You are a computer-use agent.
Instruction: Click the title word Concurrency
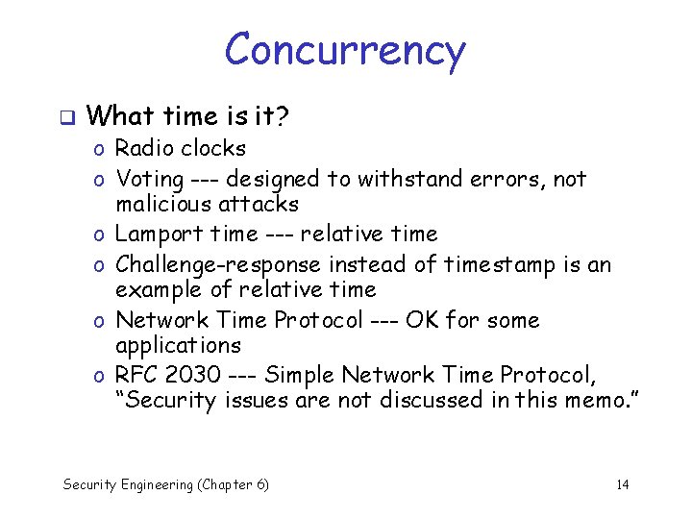point(345,50)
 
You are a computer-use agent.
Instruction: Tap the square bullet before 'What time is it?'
point(65,118)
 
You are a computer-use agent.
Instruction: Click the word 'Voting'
point(149,179)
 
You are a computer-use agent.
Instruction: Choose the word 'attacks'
point(259,204)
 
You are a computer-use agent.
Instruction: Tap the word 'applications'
point(178,345)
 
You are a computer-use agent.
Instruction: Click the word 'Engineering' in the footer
point(158,484)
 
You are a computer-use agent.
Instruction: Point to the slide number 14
point(622,484)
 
